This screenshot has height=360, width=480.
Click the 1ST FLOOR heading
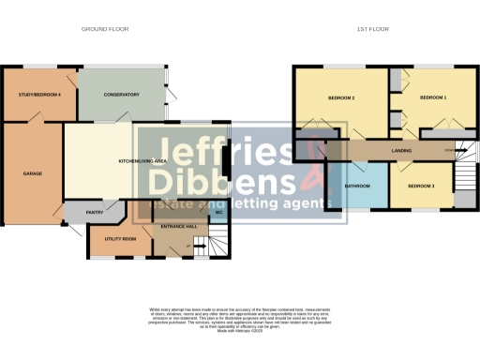[x=373, y=29]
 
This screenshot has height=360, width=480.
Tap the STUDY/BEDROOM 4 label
[x=38, y=96]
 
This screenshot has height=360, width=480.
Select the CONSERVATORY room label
[x=122, y=95]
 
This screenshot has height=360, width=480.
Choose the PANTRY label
[x=95, y=213]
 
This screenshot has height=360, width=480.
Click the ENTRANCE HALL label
[x=178, y=227]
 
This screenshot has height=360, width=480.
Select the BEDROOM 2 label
[x=340, y=98]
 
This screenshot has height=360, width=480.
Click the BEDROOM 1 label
[x=432, y=97]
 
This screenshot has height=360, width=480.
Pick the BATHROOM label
[x=357, y=186]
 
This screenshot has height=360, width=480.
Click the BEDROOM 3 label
[x=420, y=186]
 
